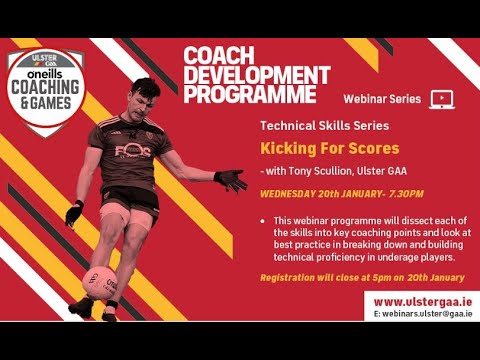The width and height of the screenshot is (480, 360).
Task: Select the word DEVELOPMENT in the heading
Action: (256, 75)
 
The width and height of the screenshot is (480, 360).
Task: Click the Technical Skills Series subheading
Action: (318, 126)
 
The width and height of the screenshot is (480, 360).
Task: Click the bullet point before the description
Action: (262, 219)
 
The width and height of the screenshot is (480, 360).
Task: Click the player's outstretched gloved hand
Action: (232, 180)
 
